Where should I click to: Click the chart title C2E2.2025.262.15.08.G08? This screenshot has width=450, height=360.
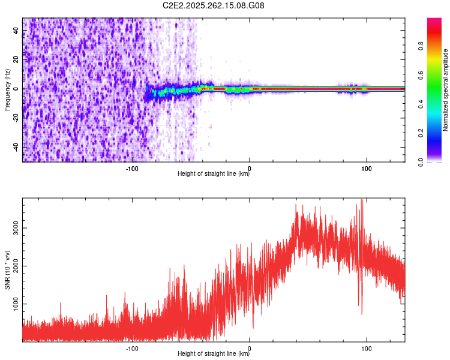[x=214, y=5]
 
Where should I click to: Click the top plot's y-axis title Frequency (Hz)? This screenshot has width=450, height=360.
[x=7, y=90]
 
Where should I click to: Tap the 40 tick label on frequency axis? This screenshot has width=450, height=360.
[x=17, y=31]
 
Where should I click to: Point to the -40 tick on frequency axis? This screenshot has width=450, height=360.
[x=17, y=146]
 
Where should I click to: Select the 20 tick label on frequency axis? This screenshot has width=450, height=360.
[x=17, y=59]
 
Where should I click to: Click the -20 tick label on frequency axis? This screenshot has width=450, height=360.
[x=17, y=118]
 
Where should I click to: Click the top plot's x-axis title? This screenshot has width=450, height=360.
[x=214, y=174]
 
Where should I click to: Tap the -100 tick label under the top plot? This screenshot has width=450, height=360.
[x=133, y=168]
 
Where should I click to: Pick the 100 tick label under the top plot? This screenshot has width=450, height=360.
[x=367, y=168]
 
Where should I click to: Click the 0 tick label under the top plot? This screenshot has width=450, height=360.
[x=250, y=168]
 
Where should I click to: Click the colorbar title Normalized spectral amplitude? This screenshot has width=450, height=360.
[x=446, y=90]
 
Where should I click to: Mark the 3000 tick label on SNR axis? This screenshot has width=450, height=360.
[x=14, y=228]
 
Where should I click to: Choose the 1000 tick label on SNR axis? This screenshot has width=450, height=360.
[x=14, y=304]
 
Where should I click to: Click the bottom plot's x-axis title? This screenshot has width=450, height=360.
[x=214, y=354]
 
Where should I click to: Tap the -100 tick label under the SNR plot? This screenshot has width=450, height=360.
[x=133, y=348]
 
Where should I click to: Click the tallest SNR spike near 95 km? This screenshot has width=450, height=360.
[x=361, y=200]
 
